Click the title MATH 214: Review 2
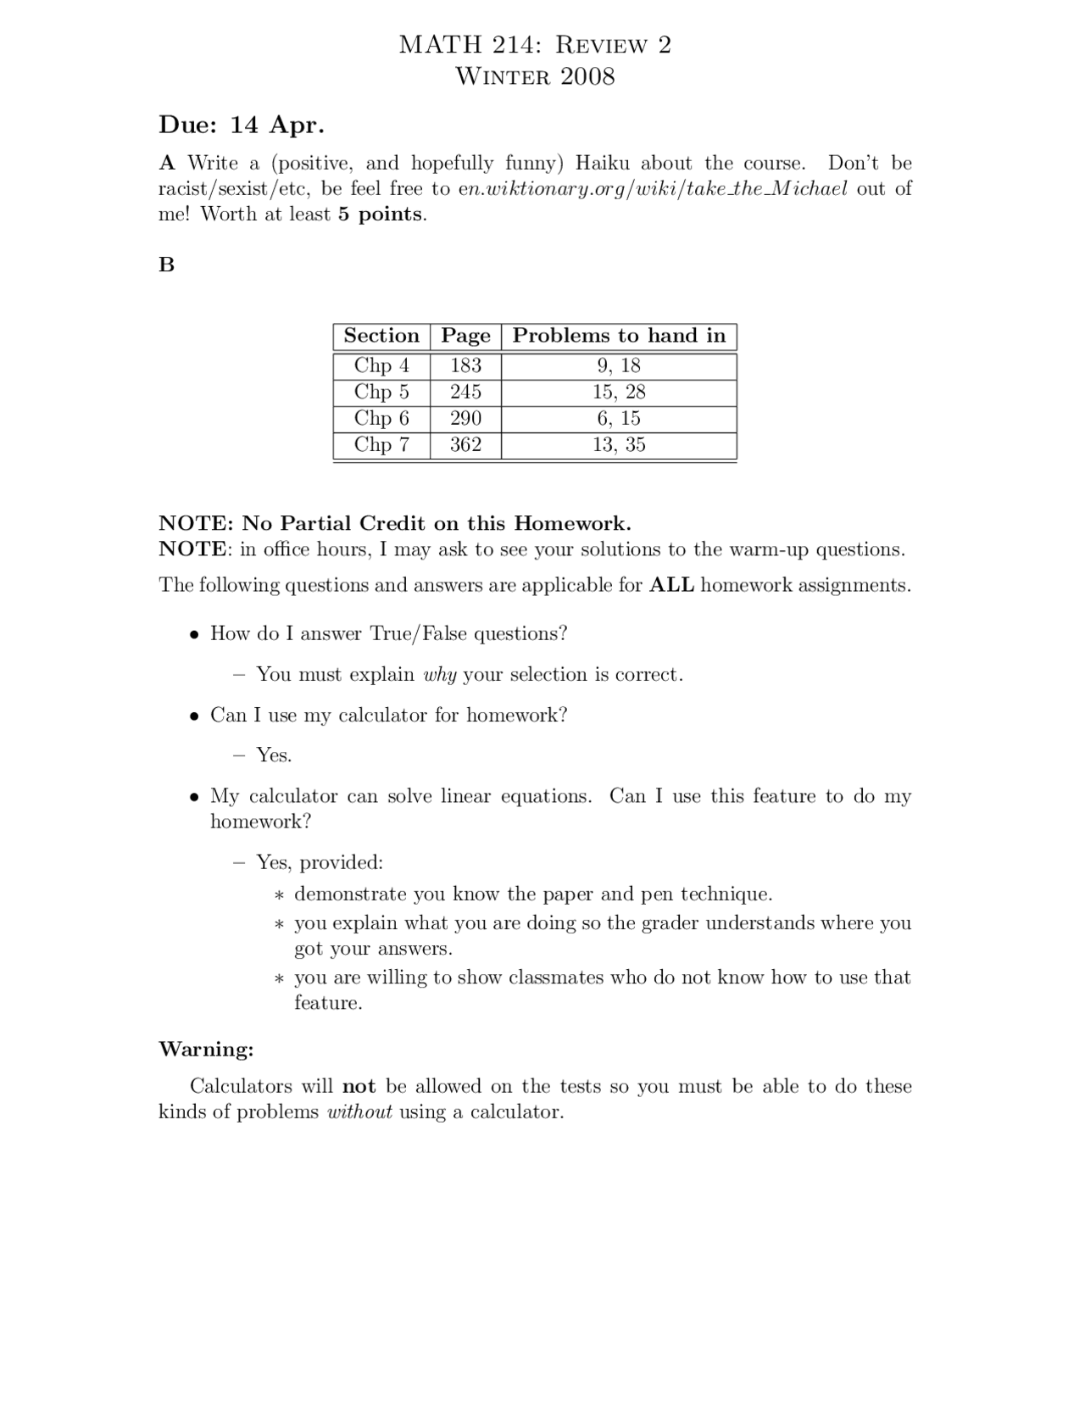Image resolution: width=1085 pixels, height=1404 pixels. pyautogui.click(x=535, y=45)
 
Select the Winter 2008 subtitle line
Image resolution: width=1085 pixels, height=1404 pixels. pyautogui.click(x=535, y=76)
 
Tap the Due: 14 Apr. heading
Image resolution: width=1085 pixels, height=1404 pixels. pyautogui.click(x=242, y=125)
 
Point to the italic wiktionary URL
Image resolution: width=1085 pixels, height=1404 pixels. pyautogui.click(x=652, y=188)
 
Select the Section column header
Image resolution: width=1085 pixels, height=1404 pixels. pyautogui.click(x=381, y=336)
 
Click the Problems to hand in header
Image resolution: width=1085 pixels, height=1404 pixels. pyautogui.click(x=619, y=336)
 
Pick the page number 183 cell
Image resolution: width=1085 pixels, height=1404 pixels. pyautogui.click(x=465, y=365)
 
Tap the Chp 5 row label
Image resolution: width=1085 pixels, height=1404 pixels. pyautogui.click(x=381, y=392)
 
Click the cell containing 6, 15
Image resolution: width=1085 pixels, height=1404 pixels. pyautogui.click(x=619, y=418)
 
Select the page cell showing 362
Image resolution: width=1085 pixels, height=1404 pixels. pyautogui.click(x=465, y=444)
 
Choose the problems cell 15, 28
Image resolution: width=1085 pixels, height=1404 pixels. pyautogui.click(x=619, y=392)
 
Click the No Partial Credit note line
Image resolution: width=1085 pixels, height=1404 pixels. pyautogui.click(x=395, y=522)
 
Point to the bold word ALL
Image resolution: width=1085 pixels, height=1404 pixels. pyautogui.click(x=671, y=585)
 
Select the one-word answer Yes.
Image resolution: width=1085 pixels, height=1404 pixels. pyautogui.click(x=274, y=755)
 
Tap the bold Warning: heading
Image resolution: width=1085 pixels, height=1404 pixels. pyautogui.click(x=206, y=1050)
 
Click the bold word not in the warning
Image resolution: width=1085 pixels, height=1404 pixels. pyautogui.click(x=359, y=1087)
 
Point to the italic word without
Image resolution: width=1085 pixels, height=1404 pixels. pyautogui.click(x=359, y=1112)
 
